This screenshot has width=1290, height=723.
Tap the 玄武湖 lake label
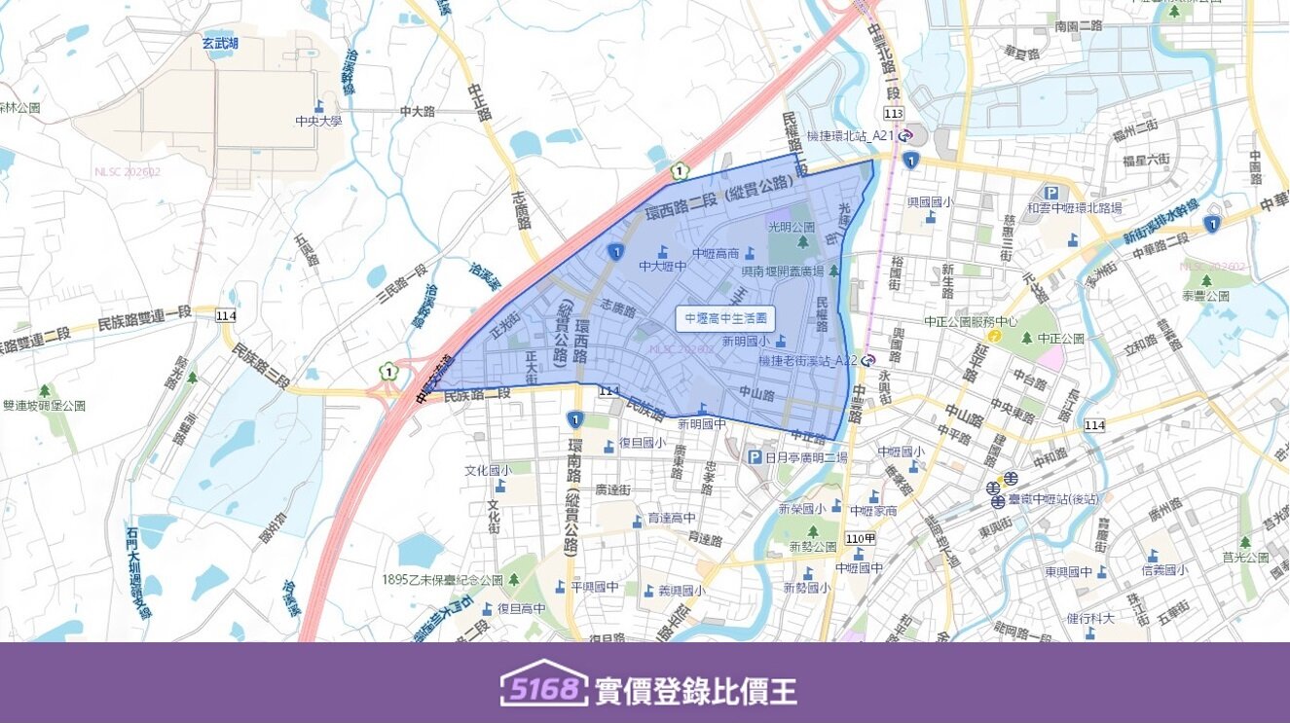click(220, 43)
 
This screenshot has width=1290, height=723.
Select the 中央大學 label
click(318, 122)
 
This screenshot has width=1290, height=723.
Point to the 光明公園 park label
click(791, 226)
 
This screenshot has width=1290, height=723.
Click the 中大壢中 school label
click(663, 265)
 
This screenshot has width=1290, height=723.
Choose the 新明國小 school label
click(746, 342)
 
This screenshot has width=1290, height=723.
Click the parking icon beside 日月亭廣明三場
click(754, 457)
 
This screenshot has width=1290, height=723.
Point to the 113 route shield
click(894, 114)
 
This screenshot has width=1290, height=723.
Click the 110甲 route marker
click(861, 538)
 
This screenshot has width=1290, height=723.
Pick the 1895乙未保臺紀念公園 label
click(442, 579)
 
